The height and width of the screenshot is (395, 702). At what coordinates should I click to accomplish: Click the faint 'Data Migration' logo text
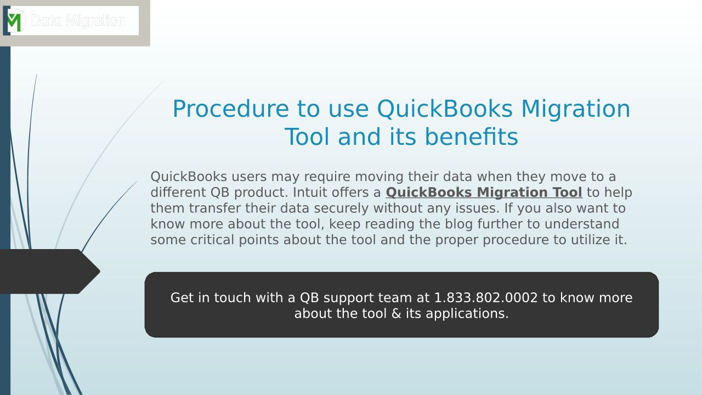click(x=78, y=21)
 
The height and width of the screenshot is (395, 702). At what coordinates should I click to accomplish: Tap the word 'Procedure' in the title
click(x=231, y=109)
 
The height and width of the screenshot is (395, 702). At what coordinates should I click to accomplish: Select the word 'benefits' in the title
click(x=471, y=137)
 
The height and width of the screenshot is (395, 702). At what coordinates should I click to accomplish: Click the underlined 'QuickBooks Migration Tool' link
click(x=484, y=193)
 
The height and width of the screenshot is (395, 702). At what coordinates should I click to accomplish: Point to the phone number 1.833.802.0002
click(x=486, y=297)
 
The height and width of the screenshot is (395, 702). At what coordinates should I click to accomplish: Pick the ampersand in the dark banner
click(x=397, y=313)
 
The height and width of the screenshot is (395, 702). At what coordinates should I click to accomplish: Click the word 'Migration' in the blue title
click(x=575, y=109)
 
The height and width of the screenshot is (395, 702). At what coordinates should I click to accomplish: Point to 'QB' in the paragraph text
click(x=220, y=193)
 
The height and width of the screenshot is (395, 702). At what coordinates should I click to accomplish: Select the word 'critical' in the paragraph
click(x=212, y=240)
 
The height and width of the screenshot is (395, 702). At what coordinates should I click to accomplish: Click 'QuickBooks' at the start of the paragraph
click(x=189, y=177)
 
